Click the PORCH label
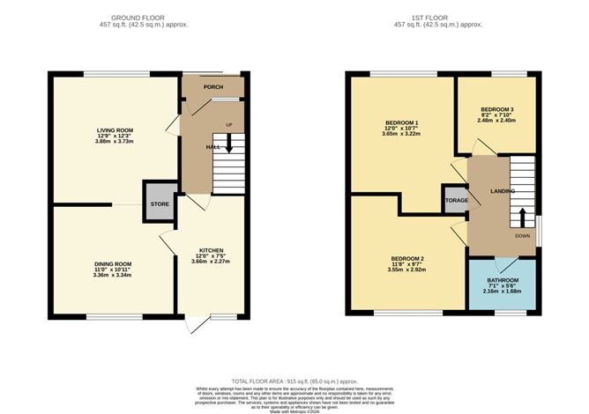click(212, 88)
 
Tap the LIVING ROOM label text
click(115, 129)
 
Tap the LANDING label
click(503, 191)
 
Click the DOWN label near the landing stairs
click(522, 236)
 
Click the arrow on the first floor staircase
click(522, 218)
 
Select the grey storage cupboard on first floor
click(456, 200)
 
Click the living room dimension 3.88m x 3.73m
click(115, 142)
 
